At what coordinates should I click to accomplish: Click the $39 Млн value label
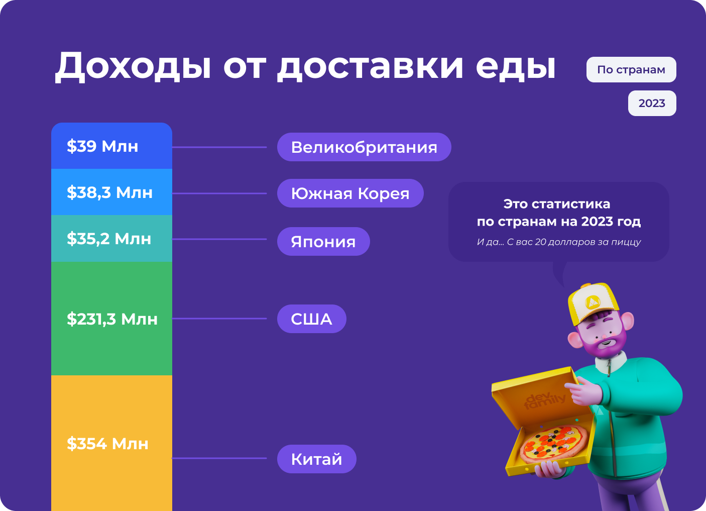(102, 146)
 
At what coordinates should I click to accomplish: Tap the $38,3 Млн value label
(109, 192)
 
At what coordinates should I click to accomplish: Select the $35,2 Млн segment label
(109, 239)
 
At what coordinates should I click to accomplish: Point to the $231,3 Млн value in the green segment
(112, 319)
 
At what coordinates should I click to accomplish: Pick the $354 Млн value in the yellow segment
(107, 444)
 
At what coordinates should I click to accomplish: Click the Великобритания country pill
(364, 147)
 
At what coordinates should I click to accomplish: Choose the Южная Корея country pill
(350, 193)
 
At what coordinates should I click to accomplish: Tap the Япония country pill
(323, 242)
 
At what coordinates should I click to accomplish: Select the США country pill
(312, 319)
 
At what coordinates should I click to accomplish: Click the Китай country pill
(317, 459)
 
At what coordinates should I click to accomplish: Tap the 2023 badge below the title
(652, 103)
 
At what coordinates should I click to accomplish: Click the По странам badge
(631, 69)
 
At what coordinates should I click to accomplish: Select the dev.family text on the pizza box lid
(545, 401)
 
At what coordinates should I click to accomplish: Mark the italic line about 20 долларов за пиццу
(559, 242)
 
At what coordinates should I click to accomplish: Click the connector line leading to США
(219, 319)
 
